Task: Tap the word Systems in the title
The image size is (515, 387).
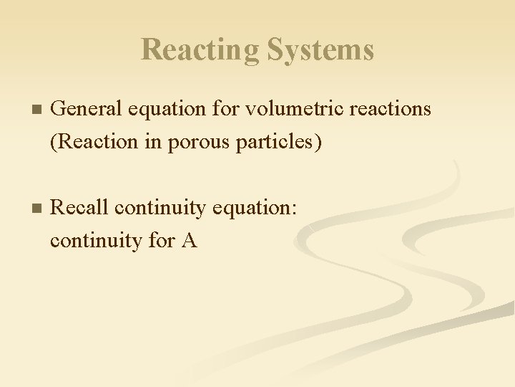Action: coord(320,50)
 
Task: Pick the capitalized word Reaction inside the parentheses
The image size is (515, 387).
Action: coord(92,141)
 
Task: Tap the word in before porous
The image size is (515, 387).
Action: coord(152,141)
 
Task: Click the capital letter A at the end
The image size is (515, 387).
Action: coord(189,240)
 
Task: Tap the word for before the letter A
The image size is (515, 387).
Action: coord(161,240)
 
